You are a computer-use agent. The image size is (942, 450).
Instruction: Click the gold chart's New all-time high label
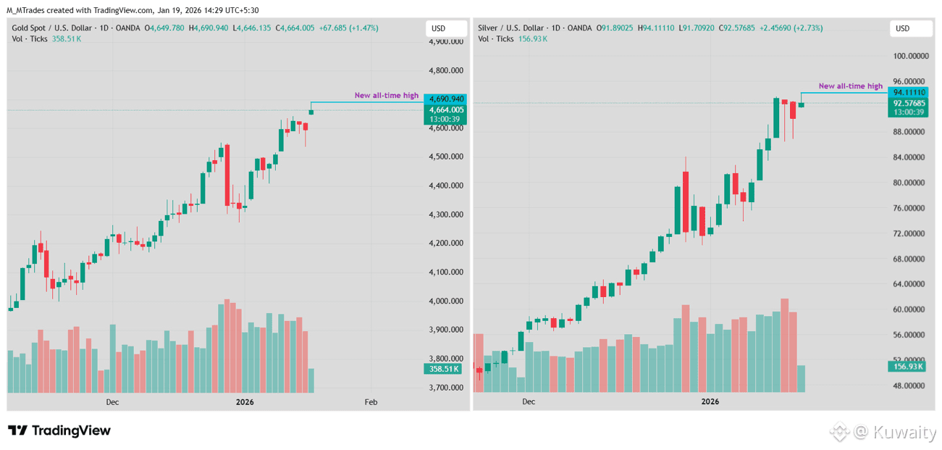386,96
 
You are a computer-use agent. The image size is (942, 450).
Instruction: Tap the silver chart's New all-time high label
850,86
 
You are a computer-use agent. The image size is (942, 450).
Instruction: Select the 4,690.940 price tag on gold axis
446,99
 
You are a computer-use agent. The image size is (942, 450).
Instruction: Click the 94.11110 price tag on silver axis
909,93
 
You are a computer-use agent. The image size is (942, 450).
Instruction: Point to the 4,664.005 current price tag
446,109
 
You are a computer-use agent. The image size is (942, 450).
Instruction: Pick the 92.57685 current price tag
909,103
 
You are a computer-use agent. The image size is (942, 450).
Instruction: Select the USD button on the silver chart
910,29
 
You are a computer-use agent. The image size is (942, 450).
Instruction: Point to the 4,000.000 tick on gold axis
446,301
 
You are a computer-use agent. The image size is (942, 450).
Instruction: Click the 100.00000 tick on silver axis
910,56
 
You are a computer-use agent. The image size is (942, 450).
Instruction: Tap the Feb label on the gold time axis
371,401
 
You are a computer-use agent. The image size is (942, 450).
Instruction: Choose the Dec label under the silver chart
528,401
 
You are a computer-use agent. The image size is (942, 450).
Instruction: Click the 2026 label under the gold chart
245,401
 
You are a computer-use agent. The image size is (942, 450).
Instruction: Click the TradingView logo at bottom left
59,430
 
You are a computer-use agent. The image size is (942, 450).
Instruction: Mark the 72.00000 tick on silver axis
910,233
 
